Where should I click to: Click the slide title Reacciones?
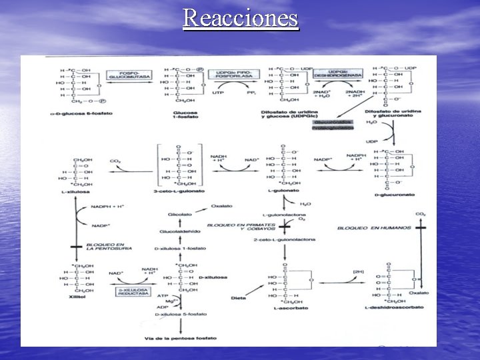(x=241, y=17)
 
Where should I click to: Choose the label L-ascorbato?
(x=285, y=307)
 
